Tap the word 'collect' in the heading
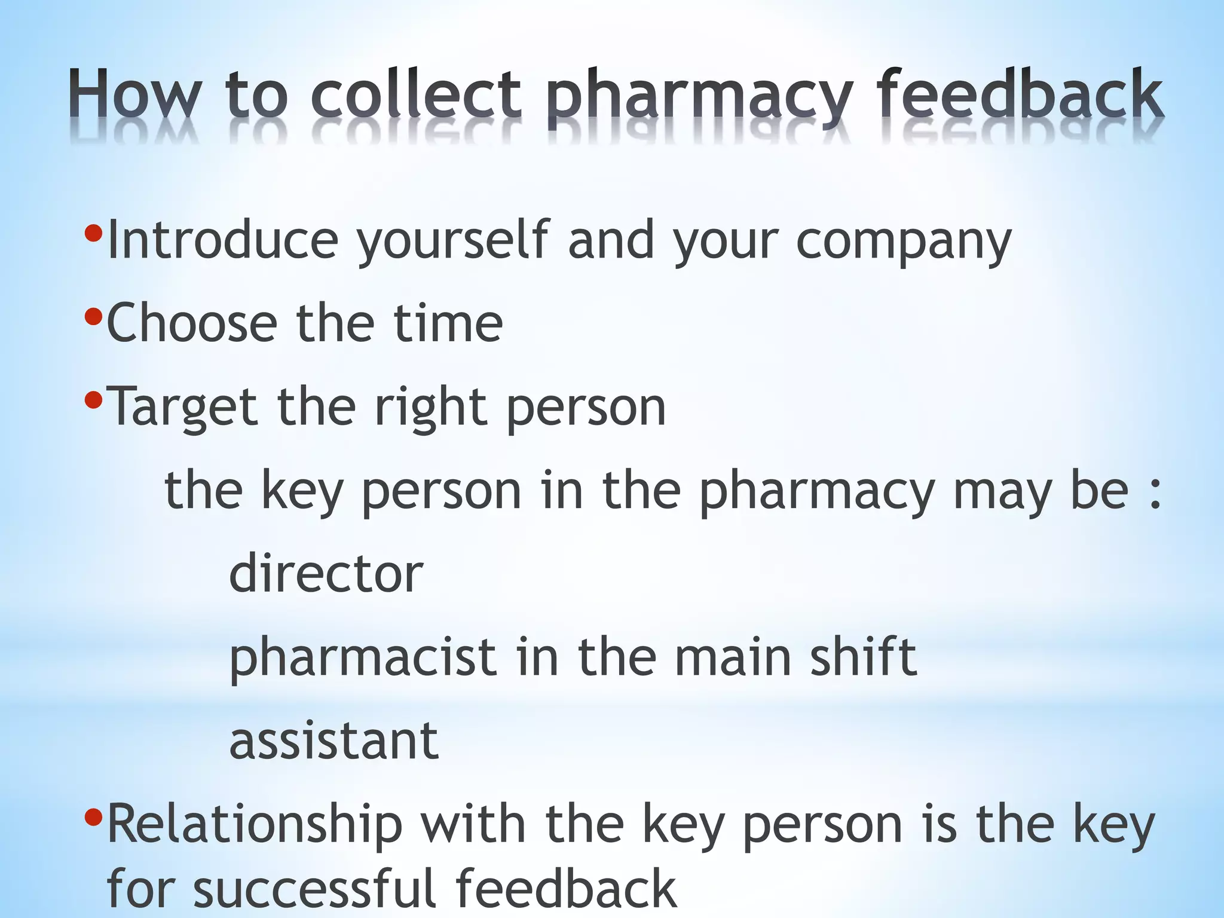click(x=416, y=94)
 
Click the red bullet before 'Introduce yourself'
click(x=93, y=232)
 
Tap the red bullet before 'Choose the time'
click(x=93, y=315)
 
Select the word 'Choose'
click(x=192, y=323)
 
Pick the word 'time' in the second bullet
click(x=448, y=323)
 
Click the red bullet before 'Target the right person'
click(x=93, y=399)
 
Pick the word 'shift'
click(x=863, y=656)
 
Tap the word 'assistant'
click(x=334, y=740)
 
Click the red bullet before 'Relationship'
click(x=93, y=816)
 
